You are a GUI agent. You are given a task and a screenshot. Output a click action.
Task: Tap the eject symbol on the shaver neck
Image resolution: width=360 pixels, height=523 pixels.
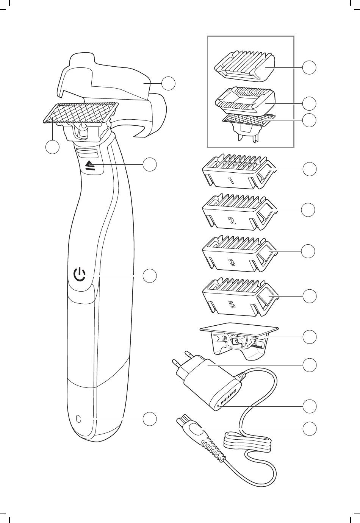point(90,165)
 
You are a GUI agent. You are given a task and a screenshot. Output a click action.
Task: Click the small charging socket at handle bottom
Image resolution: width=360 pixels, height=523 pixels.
point(78,418)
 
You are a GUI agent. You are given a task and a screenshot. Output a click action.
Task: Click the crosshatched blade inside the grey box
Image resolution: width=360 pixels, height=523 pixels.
point(248,120)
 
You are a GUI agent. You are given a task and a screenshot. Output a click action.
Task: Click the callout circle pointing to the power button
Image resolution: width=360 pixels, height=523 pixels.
point(150,275)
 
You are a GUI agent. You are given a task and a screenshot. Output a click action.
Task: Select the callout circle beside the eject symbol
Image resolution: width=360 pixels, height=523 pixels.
point(150,164)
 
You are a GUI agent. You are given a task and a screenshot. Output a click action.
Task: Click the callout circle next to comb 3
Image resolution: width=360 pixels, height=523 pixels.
point(309,251)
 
